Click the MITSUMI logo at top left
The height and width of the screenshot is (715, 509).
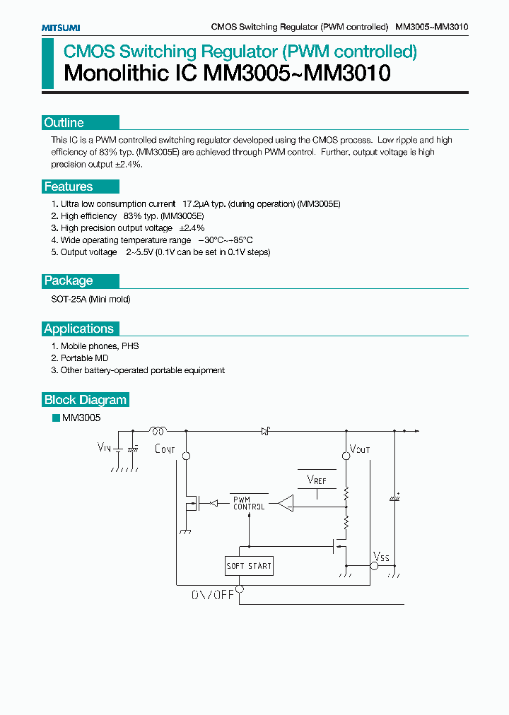point(60,27)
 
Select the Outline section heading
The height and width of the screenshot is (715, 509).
point(64,123)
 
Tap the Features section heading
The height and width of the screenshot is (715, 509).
point(69,187)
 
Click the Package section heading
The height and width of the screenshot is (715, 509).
point(69,280)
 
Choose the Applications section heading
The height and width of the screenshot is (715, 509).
point(78,329)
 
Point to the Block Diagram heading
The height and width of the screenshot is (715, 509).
point(85,400)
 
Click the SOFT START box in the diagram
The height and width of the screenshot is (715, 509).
point(249,566)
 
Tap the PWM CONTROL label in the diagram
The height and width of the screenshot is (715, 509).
point(249,503)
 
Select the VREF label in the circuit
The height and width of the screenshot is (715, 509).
point(317,480)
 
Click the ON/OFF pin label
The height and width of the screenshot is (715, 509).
point(212,595)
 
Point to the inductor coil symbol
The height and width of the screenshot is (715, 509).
point(157,430)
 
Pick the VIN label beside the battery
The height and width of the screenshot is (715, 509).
point(104,447)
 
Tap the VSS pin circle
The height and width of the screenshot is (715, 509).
point(374,566)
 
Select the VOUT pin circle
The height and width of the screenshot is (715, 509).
point(346,456)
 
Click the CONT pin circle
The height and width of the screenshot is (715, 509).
point(187,456)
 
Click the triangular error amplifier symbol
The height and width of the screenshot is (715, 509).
point(286,503)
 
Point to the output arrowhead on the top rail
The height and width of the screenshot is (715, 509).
point(416,430)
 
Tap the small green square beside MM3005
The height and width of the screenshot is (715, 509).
point(56,418)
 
